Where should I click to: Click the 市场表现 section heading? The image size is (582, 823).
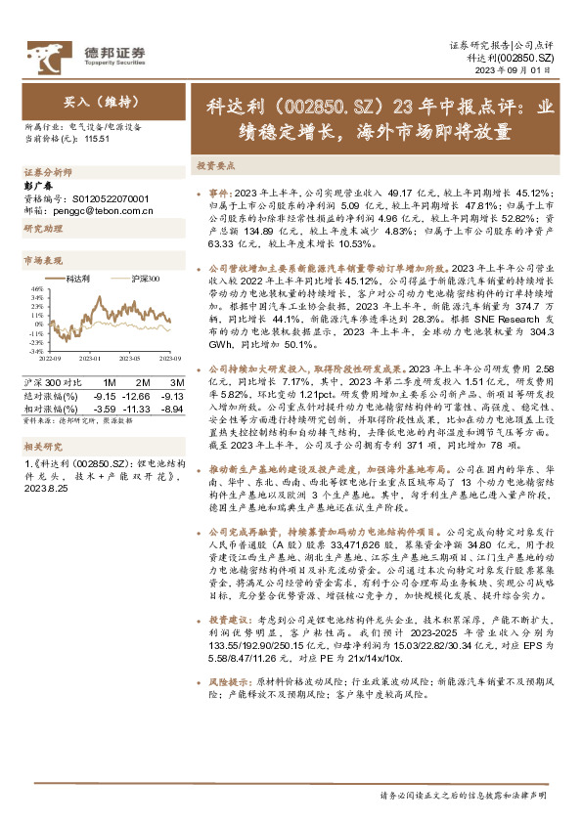(x=42, y=261)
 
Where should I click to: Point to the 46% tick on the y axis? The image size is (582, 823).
(x=36, y=289)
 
